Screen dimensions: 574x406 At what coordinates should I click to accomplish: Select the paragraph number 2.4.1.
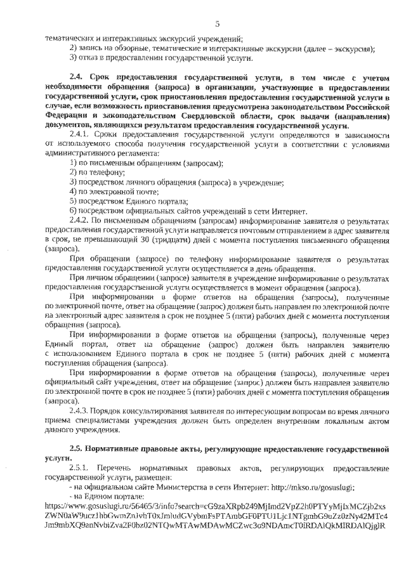(x=80, y=135)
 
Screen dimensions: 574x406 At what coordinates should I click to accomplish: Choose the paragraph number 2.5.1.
(x=80, y=468)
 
